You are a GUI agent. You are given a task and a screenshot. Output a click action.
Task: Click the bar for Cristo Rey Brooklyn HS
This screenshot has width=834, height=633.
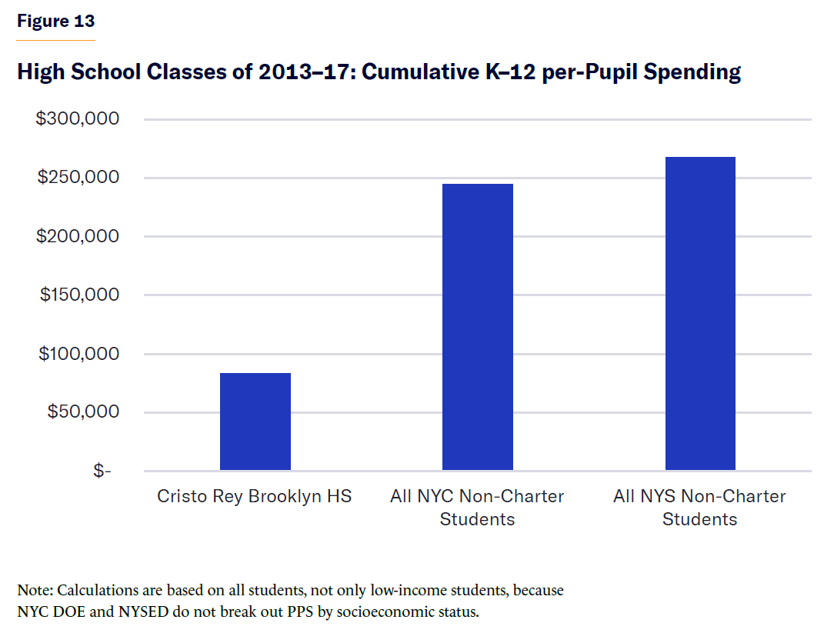coord(255,421)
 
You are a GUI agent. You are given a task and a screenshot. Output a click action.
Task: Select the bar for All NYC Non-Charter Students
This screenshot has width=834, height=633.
coord(478,327)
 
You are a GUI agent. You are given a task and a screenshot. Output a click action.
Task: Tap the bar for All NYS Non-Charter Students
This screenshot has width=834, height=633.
coord(700,314)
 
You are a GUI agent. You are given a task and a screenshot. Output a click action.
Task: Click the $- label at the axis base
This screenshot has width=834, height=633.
coord(102,471)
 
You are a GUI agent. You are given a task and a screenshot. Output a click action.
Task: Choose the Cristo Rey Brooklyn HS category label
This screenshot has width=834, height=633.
coord(255,496)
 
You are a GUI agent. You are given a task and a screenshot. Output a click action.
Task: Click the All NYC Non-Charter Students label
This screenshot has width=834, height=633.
coord(477,508)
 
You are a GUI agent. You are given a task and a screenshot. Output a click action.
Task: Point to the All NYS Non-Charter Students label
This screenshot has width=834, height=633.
coord(699,508)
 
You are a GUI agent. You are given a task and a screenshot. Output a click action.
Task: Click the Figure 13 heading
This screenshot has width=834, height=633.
coord(55,21)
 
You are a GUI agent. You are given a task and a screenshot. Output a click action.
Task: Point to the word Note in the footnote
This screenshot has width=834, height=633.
coord(34,591)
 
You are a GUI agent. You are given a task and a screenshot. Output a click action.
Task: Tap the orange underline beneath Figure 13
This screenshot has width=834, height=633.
coord(55,39)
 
